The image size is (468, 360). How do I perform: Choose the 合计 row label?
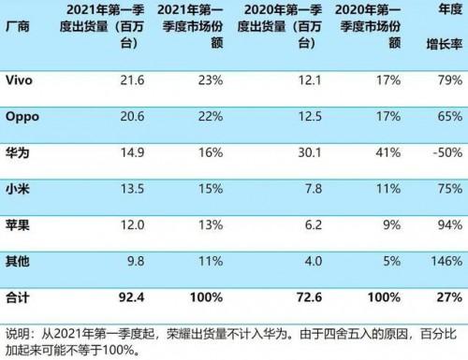(18, 298)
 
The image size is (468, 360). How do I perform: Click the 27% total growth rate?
(449, 298)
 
